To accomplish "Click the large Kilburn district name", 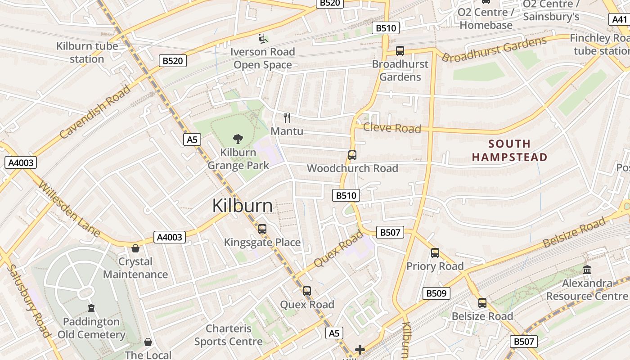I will tap(242, 206).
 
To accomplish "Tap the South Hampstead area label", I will tap(509, 150).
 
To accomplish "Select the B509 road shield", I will tap(436, 293).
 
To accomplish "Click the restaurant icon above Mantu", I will tap(287, 118).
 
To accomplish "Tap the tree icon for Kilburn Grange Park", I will tap(238, 139).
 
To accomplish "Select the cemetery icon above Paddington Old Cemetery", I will tap(91, 308).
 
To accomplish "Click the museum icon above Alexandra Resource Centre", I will tap(587, 270).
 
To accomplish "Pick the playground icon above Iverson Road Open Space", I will tap(262, 39).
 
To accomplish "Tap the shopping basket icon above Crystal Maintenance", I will tap(135, 248).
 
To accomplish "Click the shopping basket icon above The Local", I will tap(148, 342).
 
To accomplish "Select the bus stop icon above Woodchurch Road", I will tap(352, 155).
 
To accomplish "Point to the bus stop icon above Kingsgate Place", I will tap(262, 229).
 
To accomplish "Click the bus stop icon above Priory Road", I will tap(435, 253).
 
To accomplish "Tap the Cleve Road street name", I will tap(392, 128).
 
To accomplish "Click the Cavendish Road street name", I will tap(95, 111).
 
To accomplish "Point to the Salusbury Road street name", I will tap(28, 300).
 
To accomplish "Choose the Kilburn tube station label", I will tap(87, 52).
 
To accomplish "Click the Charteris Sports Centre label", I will tap(228, 335).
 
